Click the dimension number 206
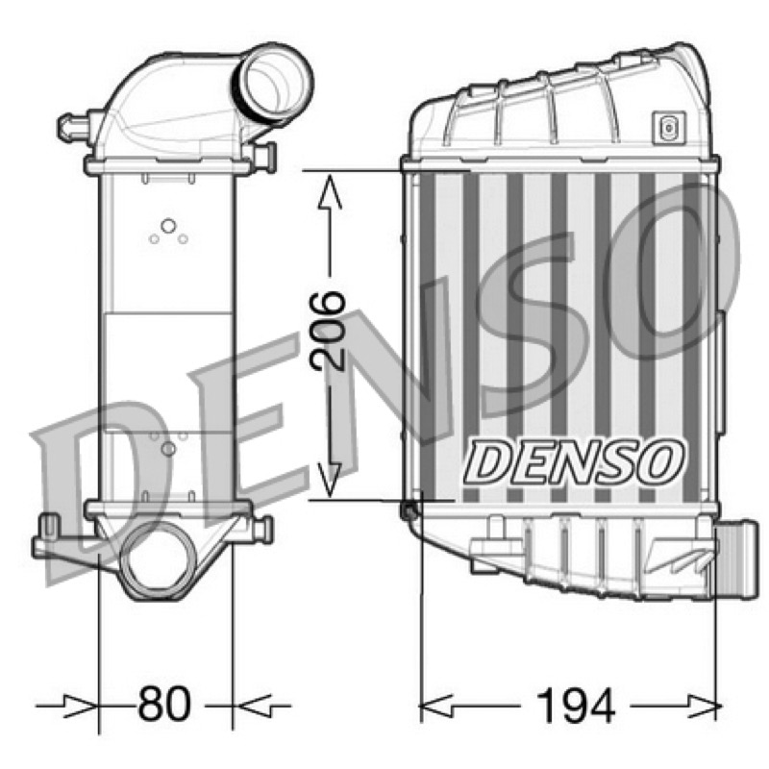coord(327,330)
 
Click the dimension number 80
coord(163,704)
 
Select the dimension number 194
coord(575,706)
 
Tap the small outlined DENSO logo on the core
coord(574,461)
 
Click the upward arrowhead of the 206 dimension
coord(330,193)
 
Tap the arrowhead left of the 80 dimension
coord(82,706)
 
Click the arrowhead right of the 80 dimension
coord(251,706)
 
